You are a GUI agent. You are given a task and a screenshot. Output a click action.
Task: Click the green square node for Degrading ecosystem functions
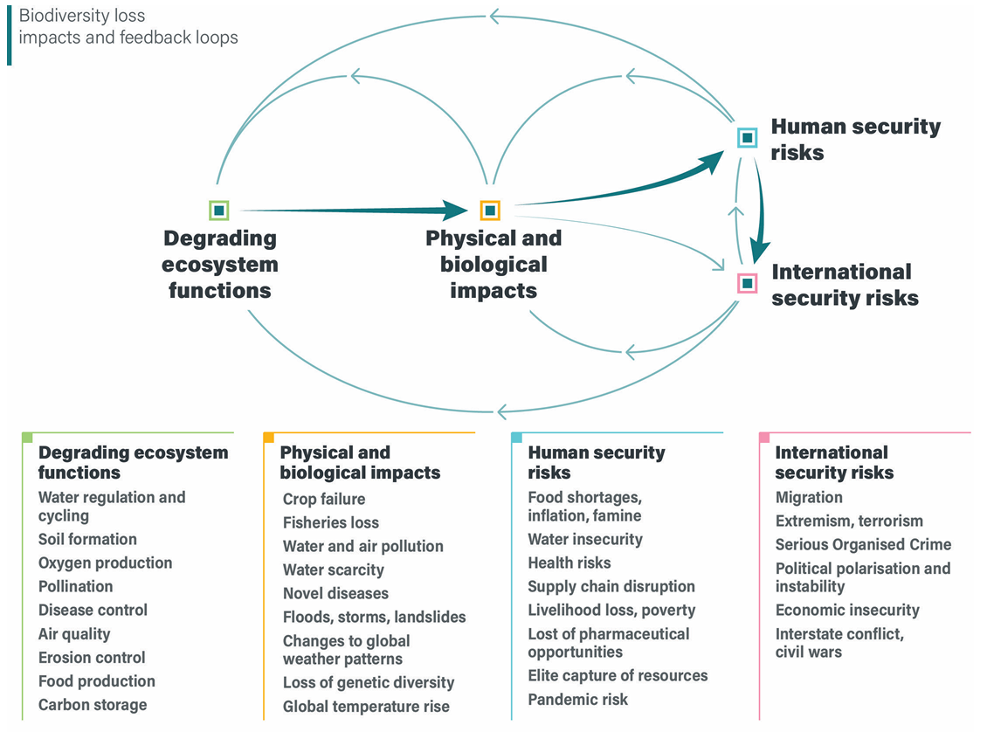(219, 211)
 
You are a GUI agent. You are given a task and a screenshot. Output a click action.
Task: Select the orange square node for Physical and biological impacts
(490, 211)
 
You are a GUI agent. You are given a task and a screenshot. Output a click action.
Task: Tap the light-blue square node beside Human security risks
(747, 137)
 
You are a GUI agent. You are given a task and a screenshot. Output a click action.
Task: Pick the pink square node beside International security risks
(747, 283)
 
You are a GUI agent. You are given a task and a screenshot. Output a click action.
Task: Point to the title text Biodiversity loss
(82, 17)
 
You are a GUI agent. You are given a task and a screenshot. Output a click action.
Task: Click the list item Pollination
(75, 586)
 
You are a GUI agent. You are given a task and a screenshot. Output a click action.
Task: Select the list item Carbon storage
(93, 705)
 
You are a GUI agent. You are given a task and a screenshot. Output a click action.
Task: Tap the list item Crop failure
(324, 499)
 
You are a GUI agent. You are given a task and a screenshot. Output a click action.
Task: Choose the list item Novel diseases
(335, 593)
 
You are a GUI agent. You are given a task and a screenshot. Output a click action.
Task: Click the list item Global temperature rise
(366, 706)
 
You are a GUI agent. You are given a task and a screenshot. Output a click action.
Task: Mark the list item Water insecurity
(584, 539)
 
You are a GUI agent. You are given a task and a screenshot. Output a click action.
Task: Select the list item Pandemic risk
(577, 699)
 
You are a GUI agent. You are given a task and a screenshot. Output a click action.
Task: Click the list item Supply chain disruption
(611, 586)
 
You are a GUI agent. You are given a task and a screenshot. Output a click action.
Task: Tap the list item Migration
(809, 497)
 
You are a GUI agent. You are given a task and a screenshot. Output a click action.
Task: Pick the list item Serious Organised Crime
(863, 544)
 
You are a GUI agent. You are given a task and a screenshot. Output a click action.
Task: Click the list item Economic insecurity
(847, 610)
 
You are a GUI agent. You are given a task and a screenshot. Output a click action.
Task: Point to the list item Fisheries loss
(331, 522)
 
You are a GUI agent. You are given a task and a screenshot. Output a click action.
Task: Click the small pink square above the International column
(764, 437)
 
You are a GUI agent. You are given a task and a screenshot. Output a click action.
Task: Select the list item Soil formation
(87, 539)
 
